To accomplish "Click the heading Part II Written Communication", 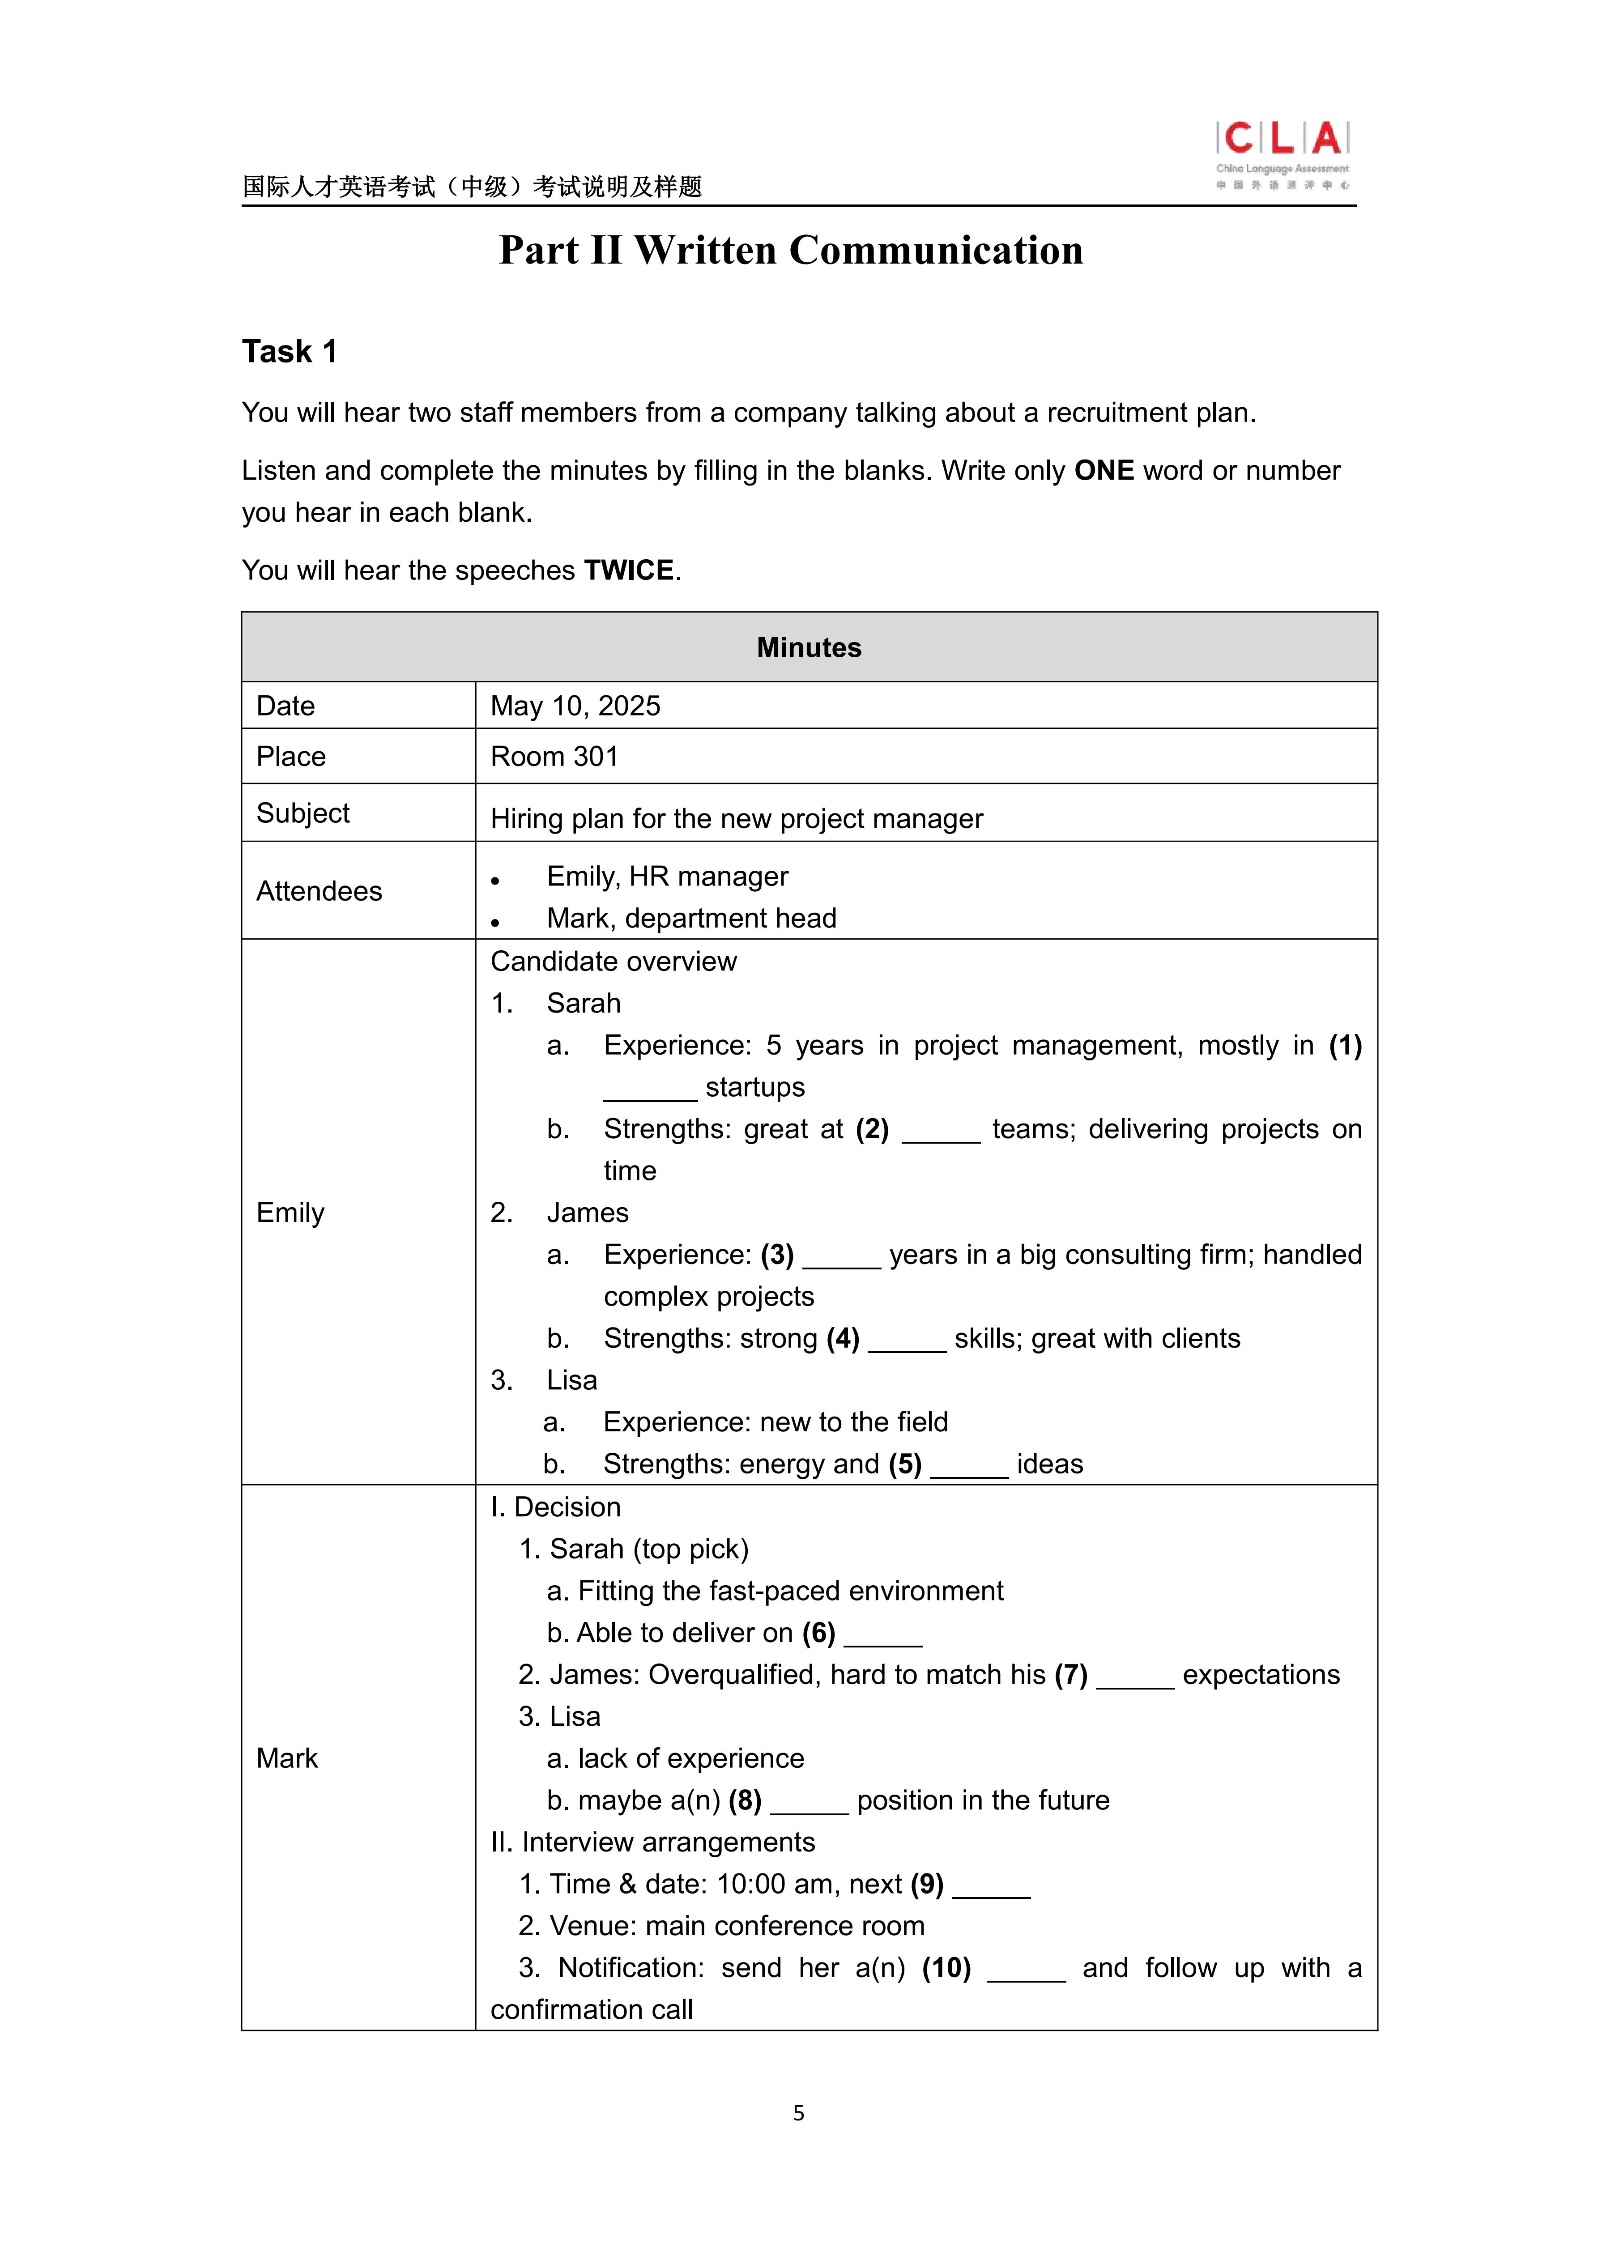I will click(791, 250).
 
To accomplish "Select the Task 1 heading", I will click(290, 351).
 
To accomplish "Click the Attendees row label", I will click(319, 891).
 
